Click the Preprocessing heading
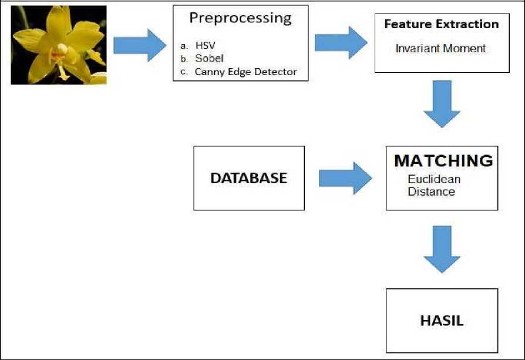click(240, 19)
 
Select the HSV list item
click(206, 45)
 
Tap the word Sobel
click(209, 58)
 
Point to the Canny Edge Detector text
click(245, 72)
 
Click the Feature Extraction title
click(442, 24)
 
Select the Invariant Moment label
click(440, 49)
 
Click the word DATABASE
click(249, 178)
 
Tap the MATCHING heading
click(443, 161)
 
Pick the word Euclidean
click(434, 179)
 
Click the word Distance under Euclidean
click(432, 191)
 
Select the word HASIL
click(442, 321)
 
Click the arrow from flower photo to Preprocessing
click(140, 45)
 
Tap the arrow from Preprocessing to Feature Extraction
click(341, 42)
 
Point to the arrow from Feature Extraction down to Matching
click(442, 104)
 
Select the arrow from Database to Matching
click(345, 178)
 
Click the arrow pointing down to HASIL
click(442, 249)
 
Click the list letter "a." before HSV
click(184, 46)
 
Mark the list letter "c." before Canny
click(184, 72)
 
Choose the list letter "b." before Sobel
click(184, 59)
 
